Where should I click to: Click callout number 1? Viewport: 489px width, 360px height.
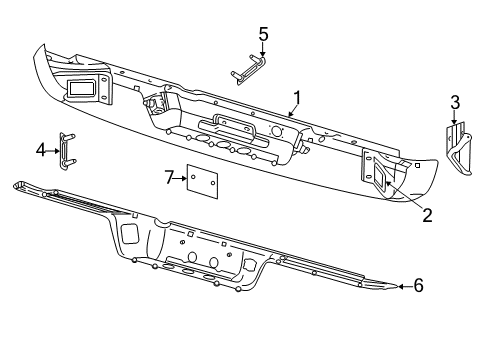(296, 98)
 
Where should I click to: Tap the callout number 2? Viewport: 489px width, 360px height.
(426, 214)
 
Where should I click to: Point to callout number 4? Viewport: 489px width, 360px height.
(41, 150)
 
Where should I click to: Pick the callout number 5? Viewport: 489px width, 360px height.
(263, 34)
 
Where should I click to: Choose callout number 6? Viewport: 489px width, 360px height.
(418, 286)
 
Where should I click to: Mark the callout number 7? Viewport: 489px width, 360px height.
(169, 177)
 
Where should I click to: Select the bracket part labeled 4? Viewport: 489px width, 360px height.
(68, 150)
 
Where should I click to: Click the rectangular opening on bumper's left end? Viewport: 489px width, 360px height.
(82, 88)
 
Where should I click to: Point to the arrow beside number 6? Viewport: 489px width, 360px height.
(402, 286)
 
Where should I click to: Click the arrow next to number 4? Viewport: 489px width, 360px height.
(54, 150)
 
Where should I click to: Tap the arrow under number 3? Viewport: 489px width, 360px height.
(455, 119)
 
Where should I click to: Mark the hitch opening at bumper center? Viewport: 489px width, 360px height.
(229, 129)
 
